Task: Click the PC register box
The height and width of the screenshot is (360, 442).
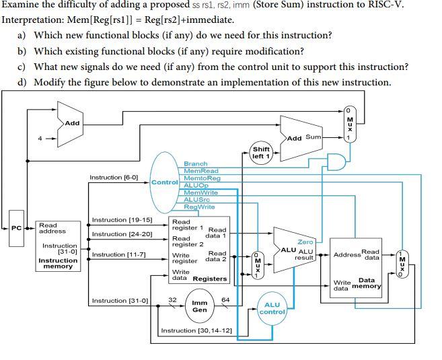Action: click(x=16, y=228)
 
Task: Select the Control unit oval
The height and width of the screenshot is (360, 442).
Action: click(x=165, y=182)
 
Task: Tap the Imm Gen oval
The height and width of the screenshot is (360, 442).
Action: click(x=200, y=306)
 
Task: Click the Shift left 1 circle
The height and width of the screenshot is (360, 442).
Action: click(x=261, y=153)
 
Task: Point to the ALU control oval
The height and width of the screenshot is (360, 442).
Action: click(x=272, y=308)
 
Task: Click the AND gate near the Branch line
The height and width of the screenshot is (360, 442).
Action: click(x=336, y=161)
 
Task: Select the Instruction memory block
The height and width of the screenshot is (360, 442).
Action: click(x=58, y=246)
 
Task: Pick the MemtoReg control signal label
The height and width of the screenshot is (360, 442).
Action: click(x=202, y=178)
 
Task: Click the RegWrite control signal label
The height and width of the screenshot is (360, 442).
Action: click(x=199, y=207)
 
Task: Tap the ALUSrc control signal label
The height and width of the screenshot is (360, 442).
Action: click(x=196, y=200)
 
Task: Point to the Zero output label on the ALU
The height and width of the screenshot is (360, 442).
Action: click(x=305, y=242)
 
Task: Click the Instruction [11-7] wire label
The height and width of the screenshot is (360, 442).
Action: click(x=118, y=254)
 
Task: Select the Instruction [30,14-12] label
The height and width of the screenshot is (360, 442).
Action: click(x=196, y=330)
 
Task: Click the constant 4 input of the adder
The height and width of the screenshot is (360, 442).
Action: click(x=40, y=139)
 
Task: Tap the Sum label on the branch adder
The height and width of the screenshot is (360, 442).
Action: click(x=314, y=137)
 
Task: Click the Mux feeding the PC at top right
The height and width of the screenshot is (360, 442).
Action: click(x=350, y=124)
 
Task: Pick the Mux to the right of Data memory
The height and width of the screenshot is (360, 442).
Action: click(x=402, y=264)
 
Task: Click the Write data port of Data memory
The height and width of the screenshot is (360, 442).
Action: click(x=342, y=285)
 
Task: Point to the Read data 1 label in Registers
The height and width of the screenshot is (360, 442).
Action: click(x=216, y=233)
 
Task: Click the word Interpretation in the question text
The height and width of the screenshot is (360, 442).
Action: click(x=34, y=20)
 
